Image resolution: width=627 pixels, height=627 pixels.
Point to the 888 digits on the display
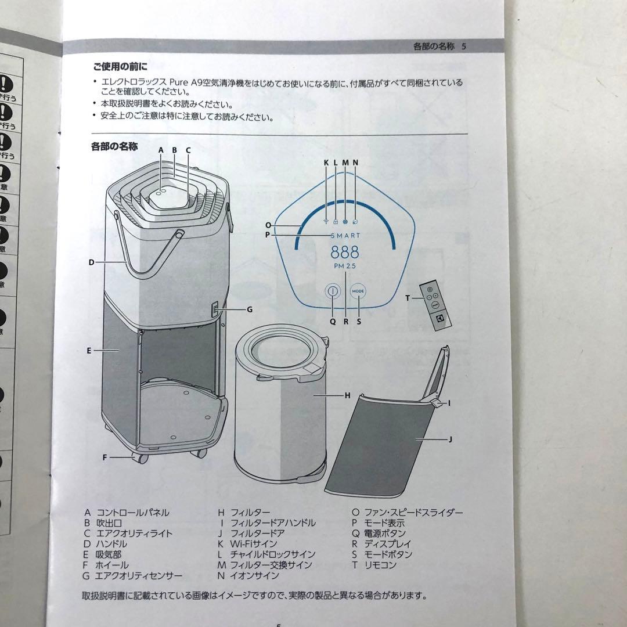pyautogui.click(x=345, y=253)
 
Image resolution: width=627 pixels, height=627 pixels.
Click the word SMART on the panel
pyautogui.click(x=345, y=235)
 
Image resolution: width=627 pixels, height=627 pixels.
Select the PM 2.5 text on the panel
pyautogui.click(x=345, y=266)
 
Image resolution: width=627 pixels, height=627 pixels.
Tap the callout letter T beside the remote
pyautogui.click(x=408, y=298)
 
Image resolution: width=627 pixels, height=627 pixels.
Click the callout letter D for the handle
pyautogui.click(x=91, y=262)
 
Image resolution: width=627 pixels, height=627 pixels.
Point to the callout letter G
pyautogui.click(x=250, y=309)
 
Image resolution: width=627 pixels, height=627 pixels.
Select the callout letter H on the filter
pyautogui.click(x=347, y=395)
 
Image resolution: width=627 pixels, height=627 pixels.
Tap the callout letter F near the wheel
pyautogui.click(x=105, y=457)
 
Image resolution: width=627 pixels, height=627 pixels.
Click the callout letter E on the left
pyautogui.click(x=89, y=351)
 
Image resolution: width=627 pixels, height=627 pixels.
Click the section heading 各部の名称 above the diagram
pyautogui.click(x=114, y=147)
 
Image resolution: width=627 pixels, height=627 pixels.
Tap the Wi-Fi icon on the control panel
pyautogui.click(x=326, y=221)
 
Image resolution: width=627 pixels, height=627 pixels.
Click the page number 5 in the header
pyautogui.click(x=463, y=46)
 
